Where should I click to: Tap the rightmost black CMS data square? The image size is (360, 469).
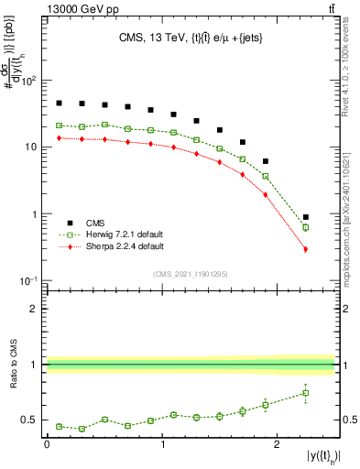click(x=306, y=217)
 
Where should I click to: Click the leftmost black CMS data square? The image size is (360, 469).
click(x=59, y=104)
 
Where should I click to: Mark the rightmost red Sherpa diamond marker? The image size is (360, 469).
click(x=306, y=249)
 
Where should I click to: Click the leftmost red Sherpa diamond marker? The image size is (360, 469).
click(x=59, y=138)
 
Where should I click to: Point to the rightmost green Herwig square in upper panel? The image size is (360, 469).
click(x=306, y=227)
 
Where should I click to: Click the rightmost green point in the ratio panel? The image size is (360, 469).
click(x=306, y=393)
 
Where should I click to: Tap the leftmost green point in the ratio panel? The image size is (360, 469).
click(x=59, y=426)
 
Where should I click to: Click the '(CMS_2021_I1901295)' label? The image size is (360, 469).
click(x=190, y=275)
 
